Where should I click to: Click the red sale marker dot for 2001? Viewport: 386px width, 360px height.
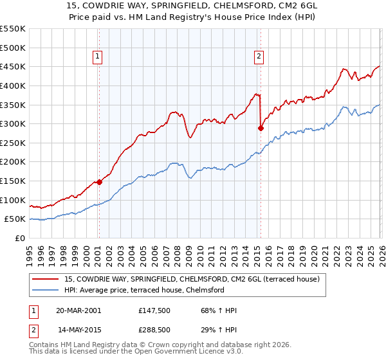(99, 182)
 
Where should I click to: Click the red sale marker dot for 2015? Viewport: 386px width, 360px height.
(261, 128)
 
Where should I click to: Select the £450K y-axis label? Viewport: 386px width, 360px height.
(13, 66)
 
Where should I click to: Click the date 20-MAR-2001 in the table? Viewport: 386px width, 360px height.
(78, 310)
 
